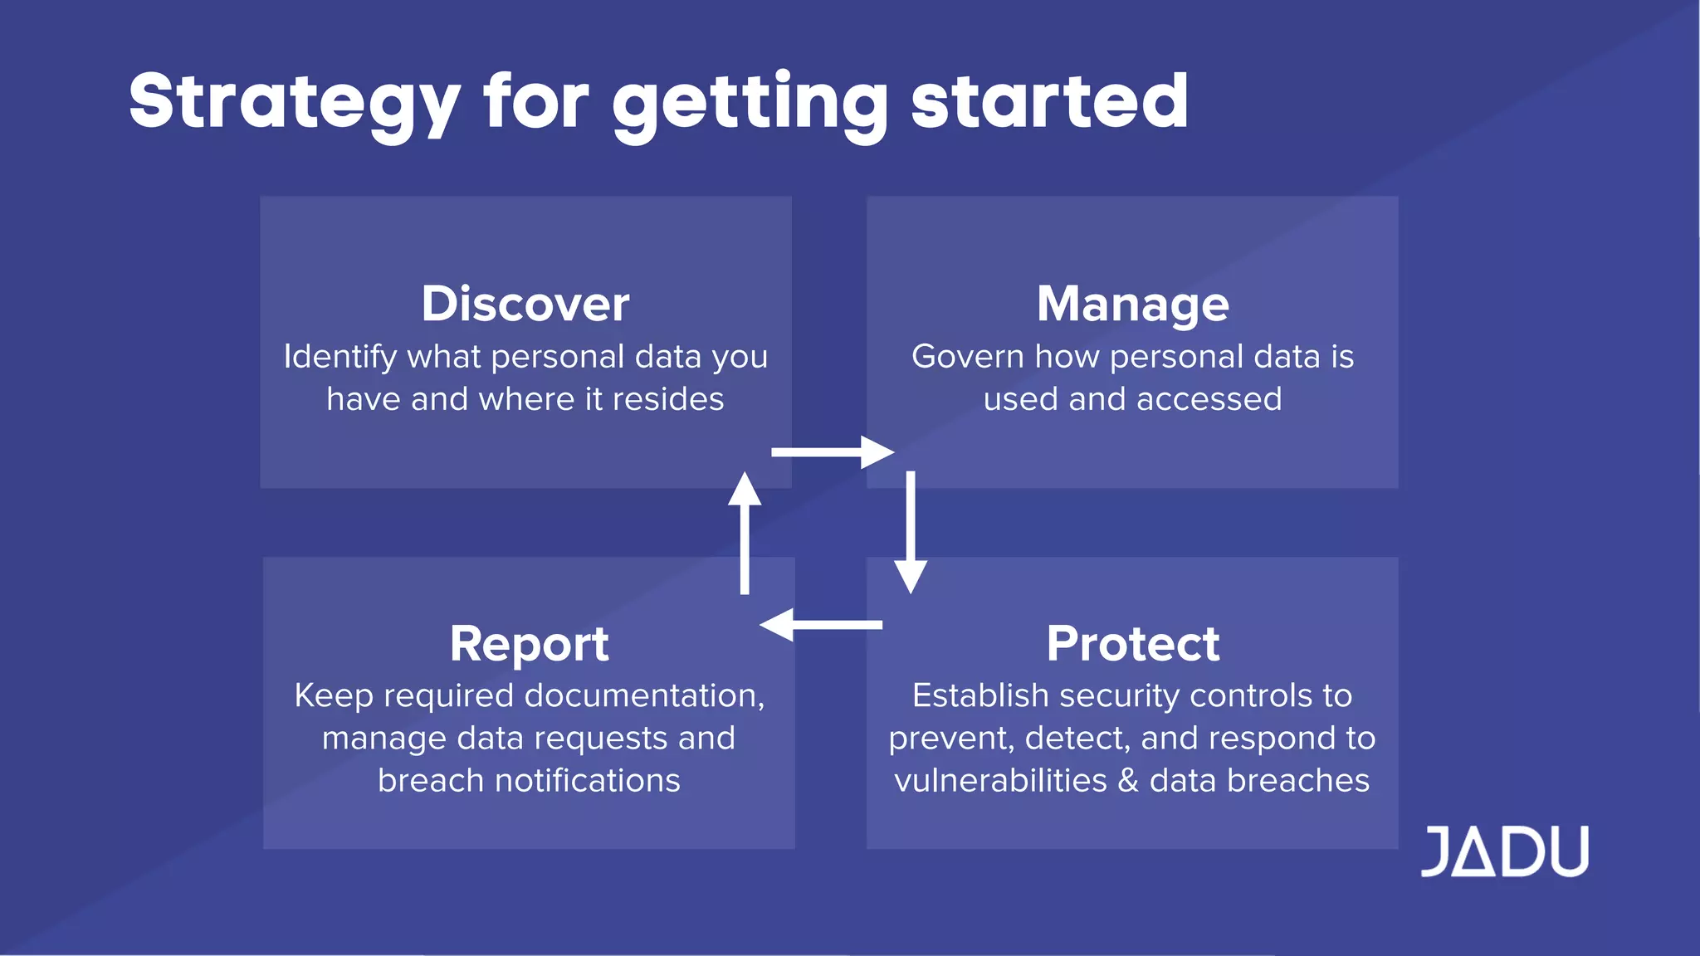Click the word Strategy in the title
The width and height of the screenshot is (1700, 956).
[294, 101]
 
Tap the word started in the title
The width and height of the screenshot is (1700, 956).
[1049, 101]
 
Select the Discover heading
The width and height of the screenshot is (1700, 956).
[525, 304]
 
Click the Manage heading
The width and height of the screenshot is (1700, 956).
[1132, 304]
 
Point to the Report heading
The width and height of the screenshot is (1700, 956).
[529, 643]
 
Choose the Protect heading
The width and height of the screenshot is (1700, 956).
[1132, 643]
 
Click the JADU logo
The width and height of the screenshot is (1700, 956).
[1504, 851]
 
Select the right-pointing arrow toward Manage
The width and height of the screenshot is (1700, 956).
[833, 452]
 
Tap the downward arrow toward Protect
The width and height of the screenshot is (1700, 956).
[911, 532]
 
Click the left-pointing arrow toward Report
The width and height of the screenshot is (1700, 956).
[821, 625]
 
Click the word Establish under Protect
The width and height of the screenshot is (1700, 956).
[979, 695]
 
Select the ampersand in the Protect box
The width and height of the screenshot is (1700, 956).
[1128, 781]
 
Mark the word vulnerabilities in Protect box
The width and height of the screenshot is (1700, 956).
[1000, 781]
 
